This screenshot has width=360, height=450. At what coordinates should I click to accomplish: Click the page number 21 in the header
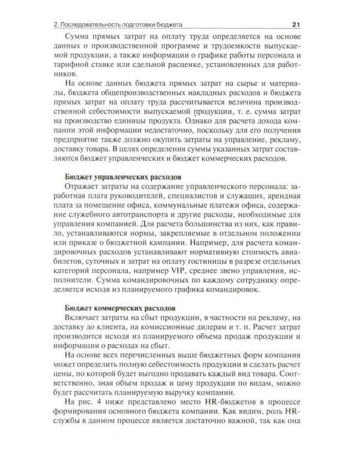pyautogui.click(x=295, y=25)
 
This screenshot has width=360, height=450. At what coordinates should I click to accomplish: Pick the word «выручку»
pyautogui.click(x=186, y=404)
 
